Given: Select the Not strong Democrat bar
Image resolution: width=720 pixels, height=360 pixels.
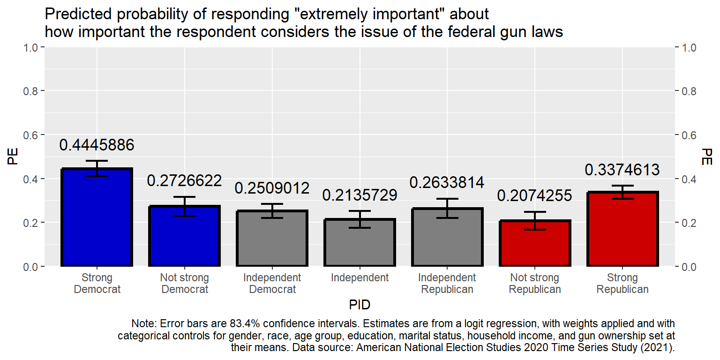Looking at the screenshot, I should pos(185,236).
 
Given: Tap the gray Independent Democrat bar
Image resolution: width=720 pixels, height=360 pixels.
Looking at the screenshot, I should pos(272,239).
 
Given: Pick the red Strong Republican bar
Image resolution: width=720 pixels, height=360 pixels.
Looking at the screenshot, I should pos(622,229).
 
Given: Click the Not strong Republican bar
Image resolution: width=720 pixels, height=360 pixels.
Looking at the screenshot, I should pos(535,243).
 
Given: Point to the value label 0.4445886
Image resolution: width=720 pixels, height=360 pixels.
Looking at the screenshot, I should pos(97,145).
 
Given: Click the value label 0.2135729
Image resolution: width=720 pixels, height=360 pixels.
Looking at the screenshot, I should pos(360,195).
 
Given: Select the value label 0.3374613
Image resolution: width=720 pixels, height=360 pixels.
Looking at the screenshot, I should pos(622,170).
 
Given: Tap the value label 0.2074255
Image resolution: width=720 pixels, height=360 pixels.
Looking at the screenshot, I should pos(535,195).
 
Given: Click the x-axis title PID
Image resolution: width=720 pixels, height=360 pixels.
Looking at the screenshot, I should pos(360,305).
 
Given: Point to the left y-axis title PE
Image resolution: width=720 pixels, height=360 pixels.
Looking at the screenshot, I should pos(13,157).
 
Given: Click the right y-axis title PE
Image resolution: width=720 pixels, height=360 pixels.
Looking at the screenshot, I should pos(707,157).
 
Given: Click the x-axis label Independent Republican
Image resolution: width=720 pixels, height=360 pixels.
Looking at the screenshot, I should pos(447,283).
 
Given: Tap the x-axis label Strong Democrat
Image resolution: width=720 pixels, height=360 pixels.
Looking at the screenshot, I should pos(97,283).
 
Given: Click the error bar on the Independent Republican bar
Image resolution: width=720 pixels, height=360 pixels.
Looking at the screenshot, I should pos(447,208).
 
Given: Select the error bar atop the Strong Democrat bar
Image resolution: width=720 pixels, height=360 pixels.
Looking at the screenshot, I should pos(97,168).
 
